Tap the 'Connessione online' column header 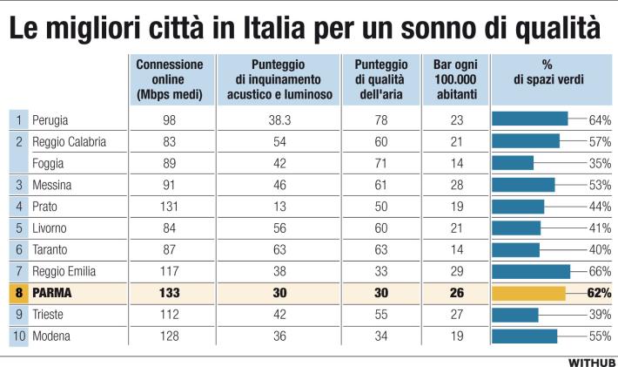tap(170, 79)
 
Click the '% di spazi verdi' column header tap(548, 72)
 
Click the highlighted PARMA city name tap(52, 293)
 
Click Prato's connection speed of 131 tap(170, 206)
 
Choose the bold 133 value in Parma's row tap(170, 293)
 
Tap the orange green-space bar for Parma tap(528, 293)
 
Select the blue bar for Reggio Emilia tap(531, 271)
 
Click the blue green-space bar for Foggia tap(513, 162)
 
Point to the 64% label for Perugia tap(599, 119)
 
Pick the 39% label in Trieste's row tap(599, 315)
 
